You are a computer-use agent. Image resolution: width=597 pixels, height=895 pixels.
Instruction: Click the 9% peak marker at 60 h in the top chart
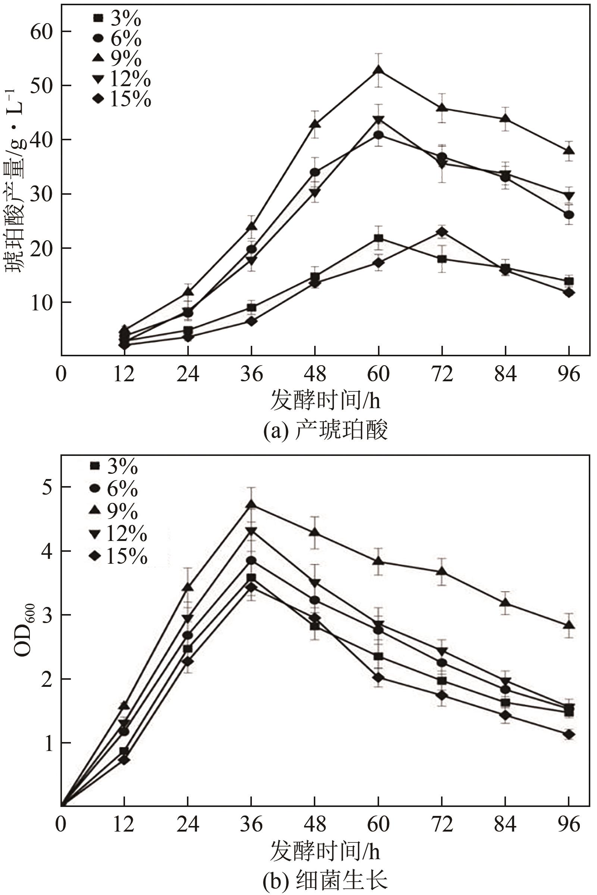pyautogui.click(x=378, y=71)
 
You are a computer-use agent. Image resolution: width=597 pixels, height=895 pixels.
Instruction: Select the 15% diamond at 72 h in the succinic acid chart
pyautogui.click(x=442, y=232)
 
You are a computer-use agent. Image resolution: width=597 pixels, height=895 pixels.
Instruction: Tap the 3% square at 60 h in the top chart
pyautogui.click(x=378, y=238)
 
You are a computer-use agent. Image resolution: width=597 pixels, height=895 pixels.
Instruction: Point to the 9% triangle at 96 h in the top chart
pyautogui.click(x=569, y=151)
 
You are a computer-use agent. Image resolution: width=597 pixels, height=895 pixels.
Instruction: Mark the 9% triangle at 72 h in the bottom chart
pyautogui.click(x=442, y=572)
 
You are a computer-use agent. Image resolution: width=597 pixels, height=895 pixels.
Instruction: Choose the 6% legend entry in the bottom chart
pyautogui.click(x=114, y=488)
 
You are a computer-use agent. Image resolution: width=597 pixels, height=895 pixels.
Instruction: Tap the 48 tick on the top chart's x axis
pyautogui.click(x=315, y=373)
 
